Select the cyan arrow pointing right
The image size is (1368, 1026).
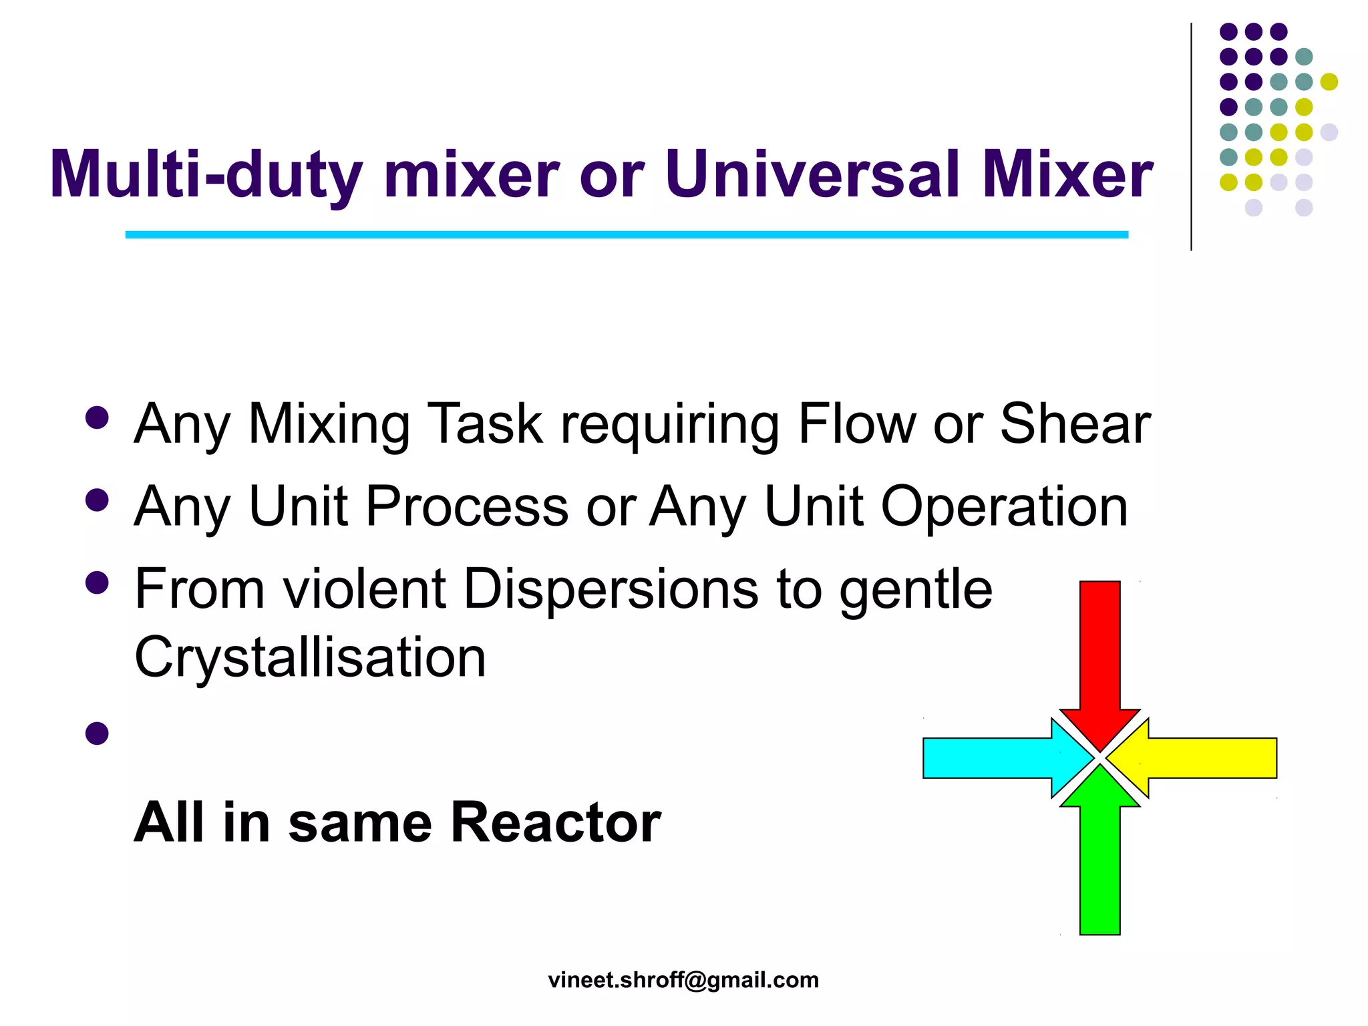[x=995, y=757]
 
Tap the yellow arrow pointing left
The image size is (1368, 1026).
[x=1202, y=757]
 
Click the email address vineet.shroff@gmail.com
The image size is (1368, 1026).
[x=683, y=980]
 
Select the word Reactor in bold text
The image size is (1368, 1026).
[x=556, y=822]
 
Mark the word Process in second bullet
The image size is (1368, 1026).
[x=467, y=506]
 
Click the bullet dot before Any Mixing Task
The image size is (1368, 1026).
[x=98, y=417]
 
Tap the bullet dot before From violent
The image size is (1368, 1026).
[x=98, y=582]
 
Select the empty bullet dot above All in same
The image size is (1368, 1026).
[x=98, y=733]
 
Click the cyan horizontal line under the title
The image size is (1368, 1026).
[x=627, y=234]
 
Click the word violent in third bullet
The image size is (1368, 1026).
[x=365, y=588]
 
